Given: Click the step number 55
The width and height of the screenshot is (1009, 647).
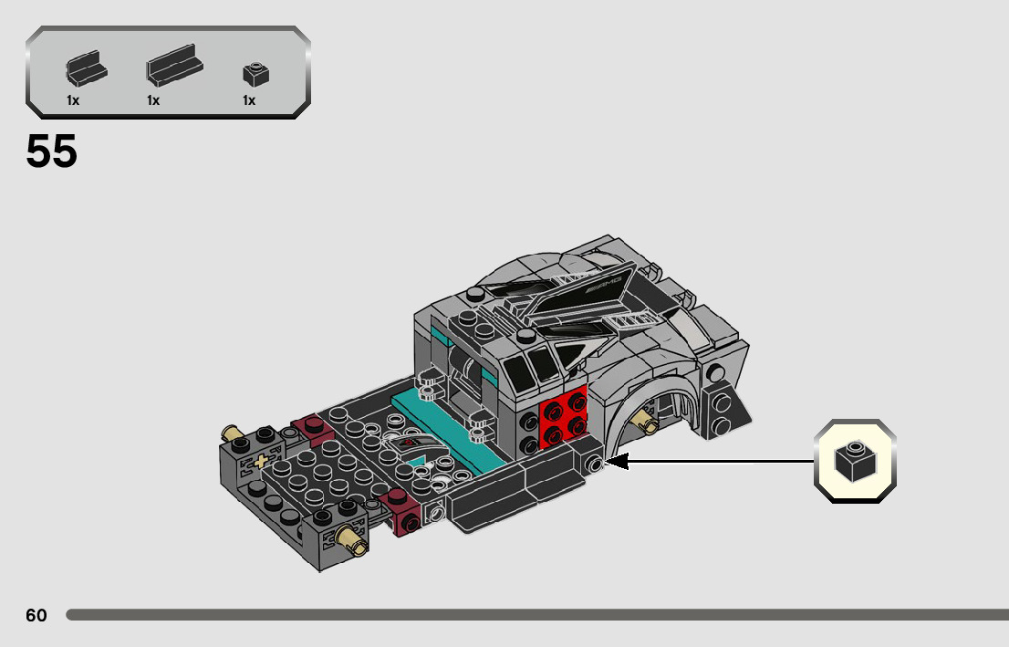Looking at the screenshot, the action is pos(51,151).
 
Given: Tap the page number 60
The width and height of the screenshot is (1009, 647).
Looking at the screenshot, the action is pos(36,615).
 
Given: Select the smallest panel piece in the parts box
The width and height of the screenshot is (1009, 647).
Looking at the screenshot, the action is pos(87,68).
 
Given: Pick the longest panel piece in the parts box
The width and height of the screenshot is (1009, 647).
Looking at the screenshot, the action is pos(174,65).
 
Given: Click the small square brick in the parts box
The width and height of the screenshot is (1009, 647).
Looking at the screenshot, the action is pos(255,75).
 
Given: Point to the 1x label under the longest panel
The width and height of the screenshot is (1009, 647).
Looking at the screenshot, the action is pos(153,100).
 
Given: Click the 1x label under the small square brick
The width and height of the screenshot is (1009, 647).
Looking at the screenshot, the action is pos(249,100).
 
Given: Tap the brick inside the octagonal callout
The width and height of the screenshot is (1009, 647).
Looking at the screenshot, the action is pos(855,461).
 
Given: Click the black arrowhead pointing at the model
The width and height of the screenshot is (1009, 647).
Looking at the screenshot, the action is pos(617,461).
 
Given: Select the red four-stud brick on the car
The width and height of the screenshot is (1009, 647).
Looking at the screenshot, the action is pos(564,416).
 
